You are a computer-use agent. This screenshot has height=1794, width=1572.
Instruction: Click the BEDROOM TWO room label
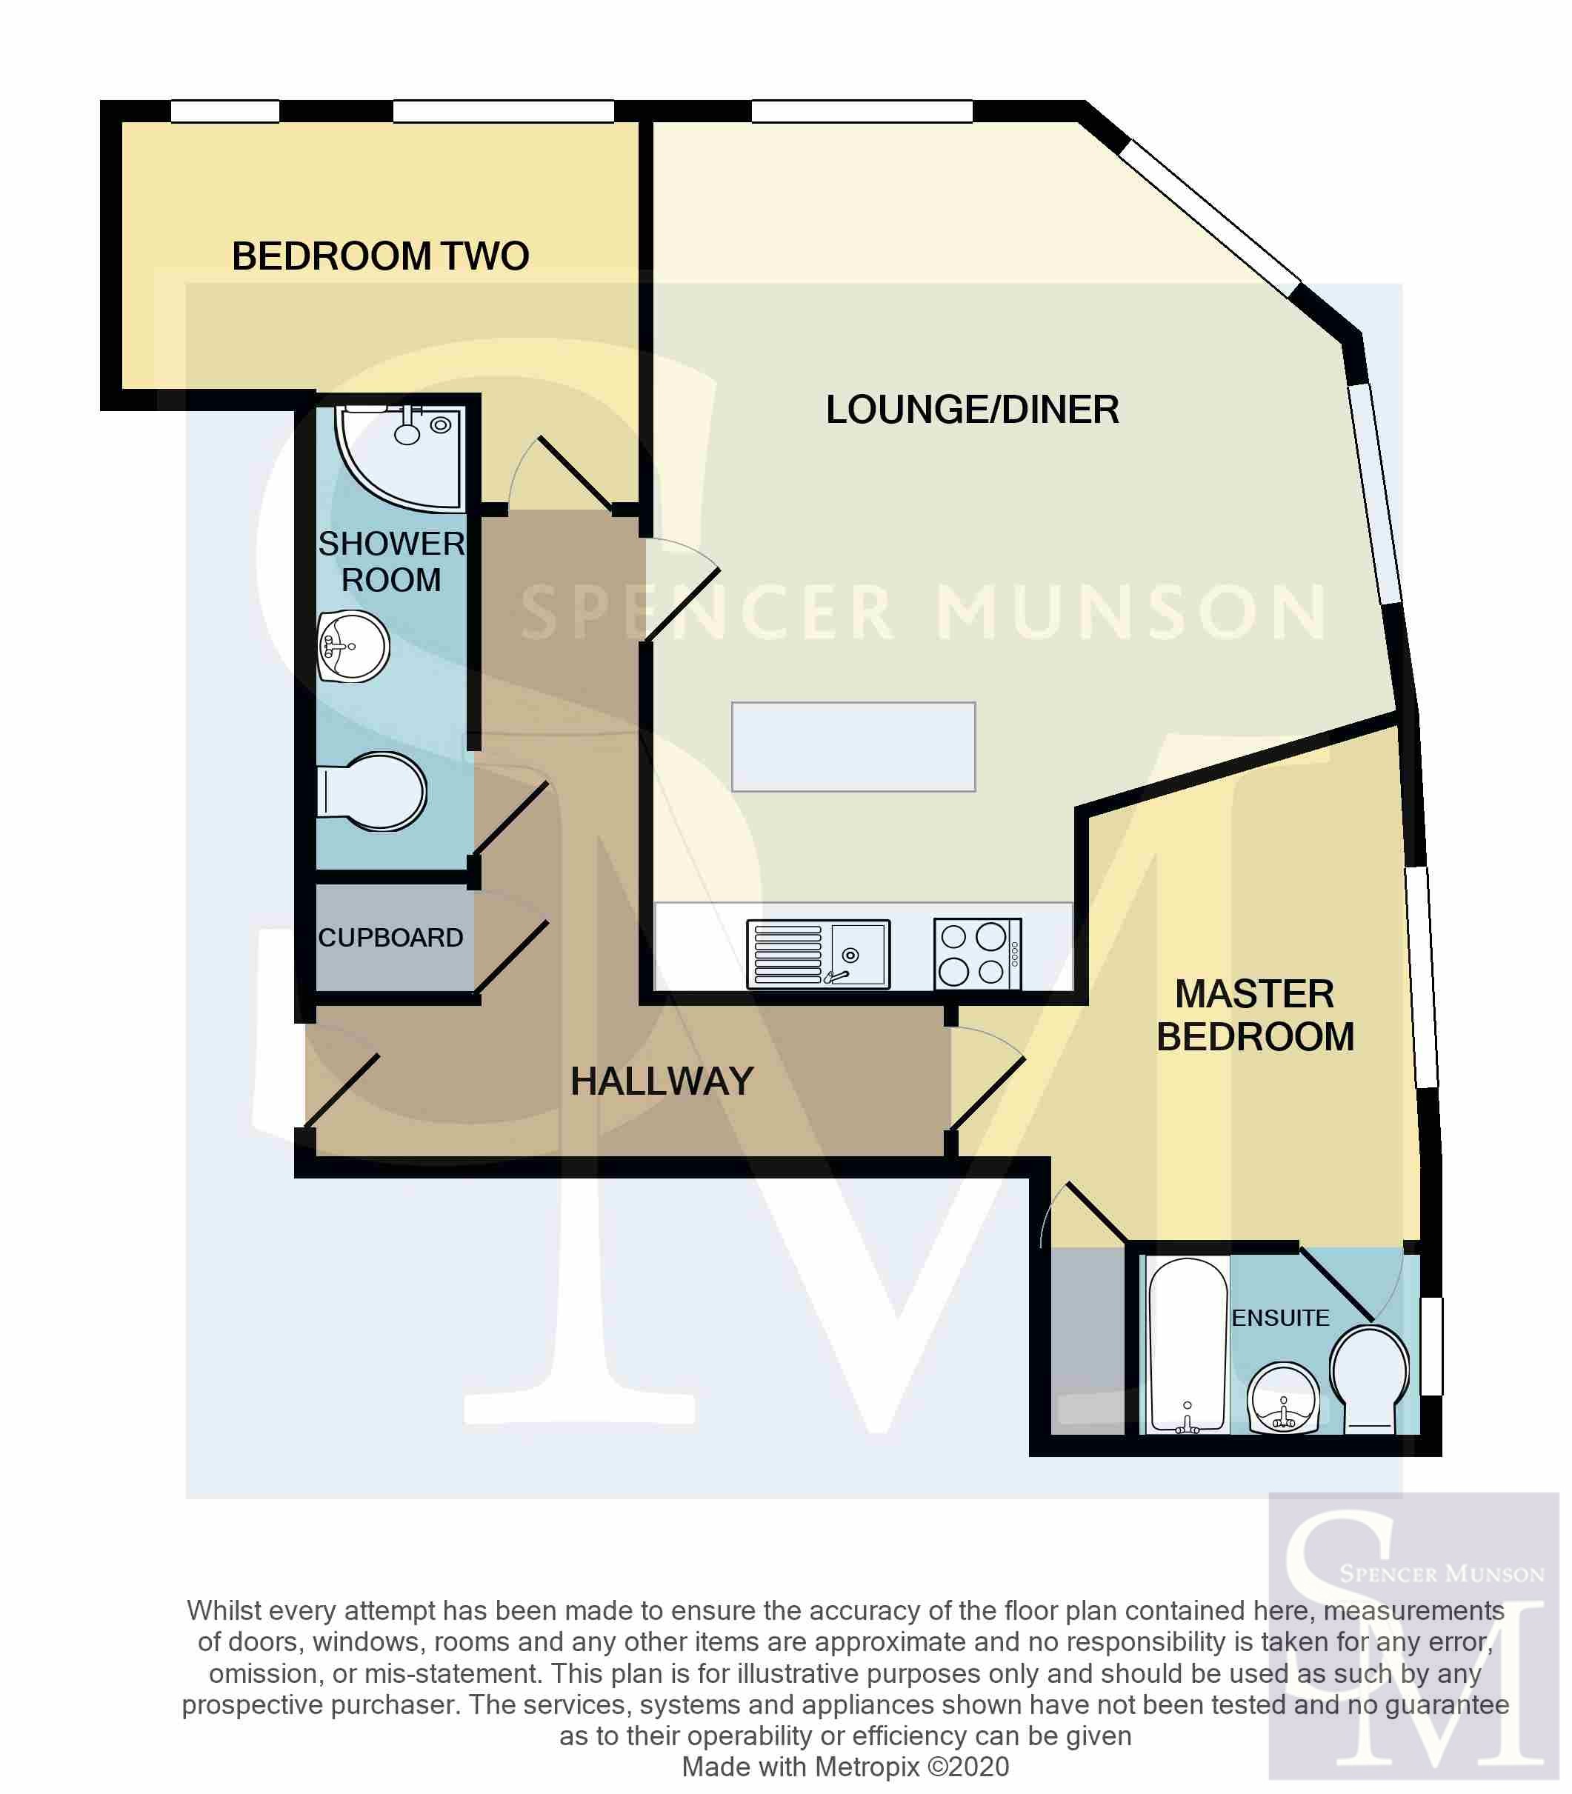[x=380, y=256]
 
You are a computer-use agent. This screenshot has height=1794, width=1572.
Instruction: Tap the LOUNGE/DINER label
[x=972, y=410]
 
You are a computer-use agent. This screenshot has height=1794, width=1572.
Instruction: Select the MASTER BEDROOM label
[x=1256, y=1015]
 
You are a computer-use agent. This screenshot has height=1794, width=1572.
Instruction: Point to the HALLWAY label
[x=662, y=1081]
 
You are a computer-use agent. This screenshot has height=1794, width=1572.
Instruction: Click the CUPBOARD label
[x=390, y=937]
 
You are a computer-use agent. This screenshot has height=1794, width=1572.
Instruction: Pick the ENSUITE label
[x=1280, y=1318]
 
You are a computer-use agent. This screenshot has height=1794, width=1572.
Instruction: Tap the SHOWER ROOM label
[x=391, y=561]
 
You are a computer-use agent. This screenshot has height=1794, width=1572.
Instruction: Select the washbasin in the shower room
[x=353, y=647]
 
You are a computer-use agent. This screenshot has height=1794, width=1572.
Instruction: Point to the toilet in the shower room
[x=371, y=791]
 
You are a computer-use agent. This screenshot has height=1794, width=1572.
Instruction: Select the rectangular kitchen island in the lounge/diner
[x=853, y=747]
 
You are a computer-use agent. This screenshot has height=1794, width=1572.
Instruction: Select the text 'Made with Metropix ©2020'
[x=846, y=1766]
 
